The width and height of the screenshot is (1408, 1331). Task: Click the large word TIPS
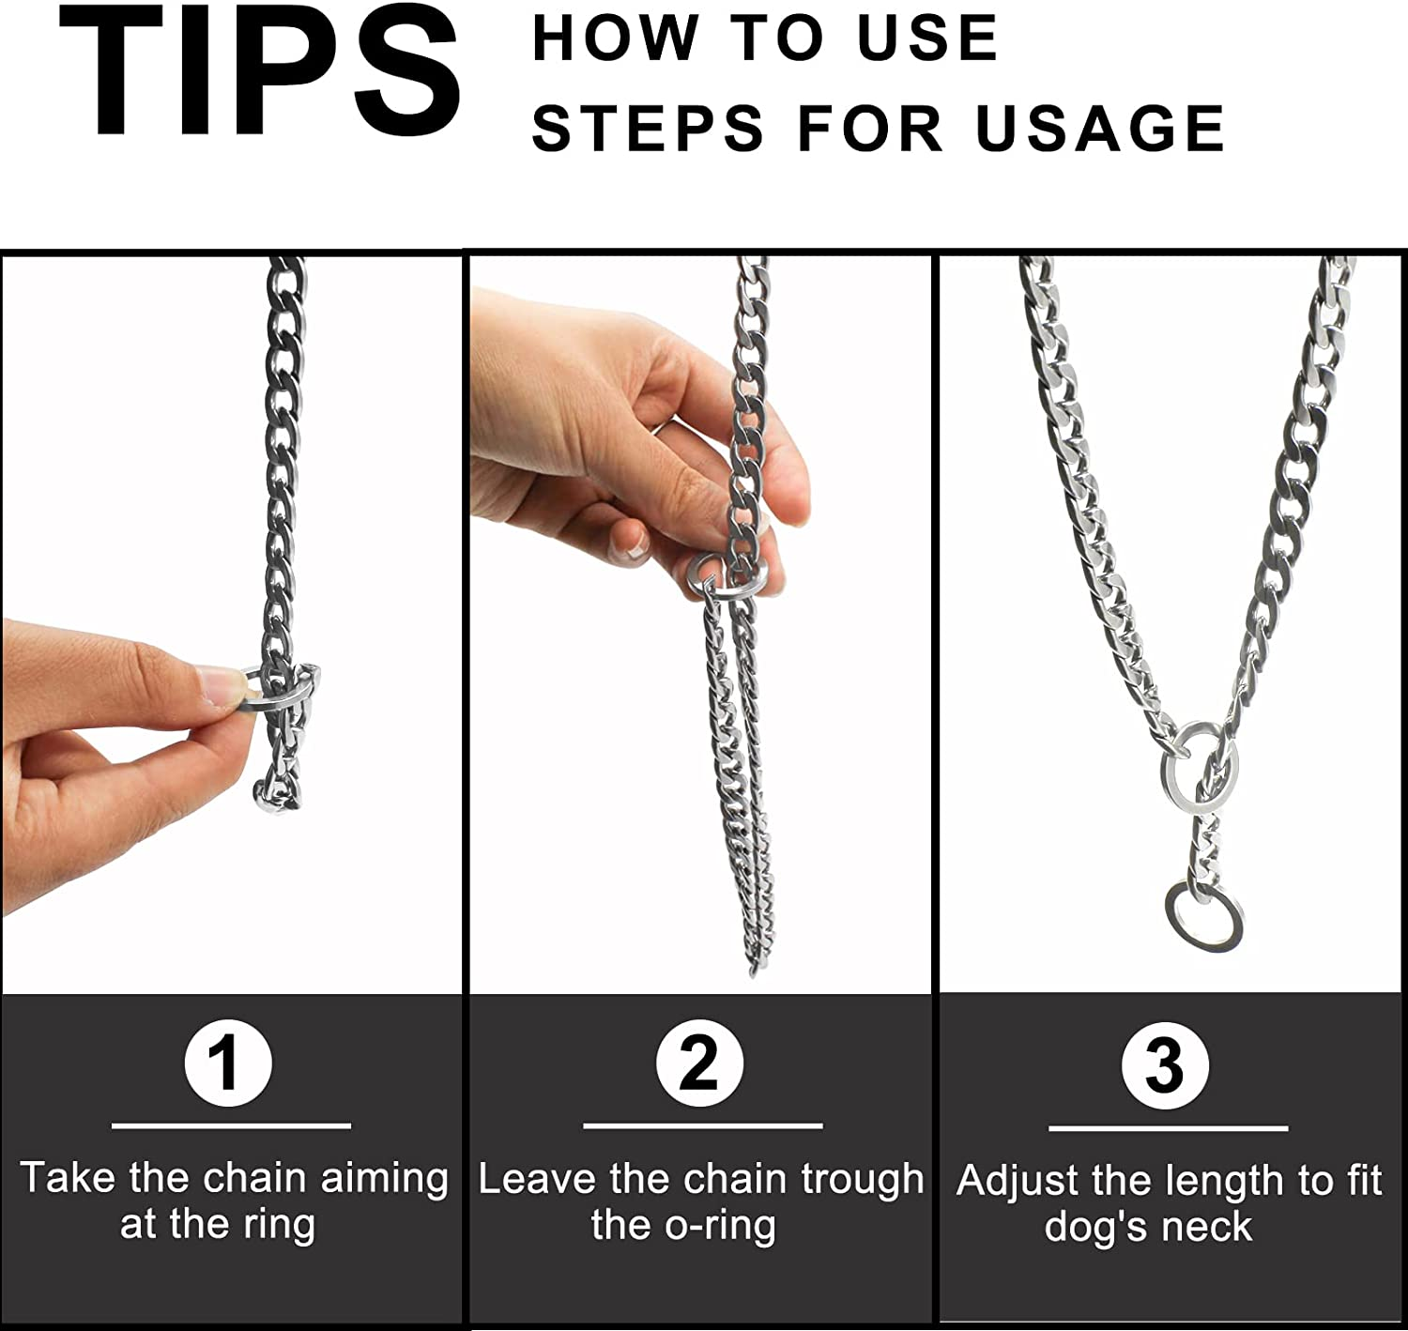(x=260, y=72)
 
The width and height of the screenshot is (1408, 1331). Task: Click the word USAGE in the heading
(x=1100, y=129)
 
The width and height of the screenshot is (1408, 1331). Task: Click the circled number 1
(x=228, y=1064)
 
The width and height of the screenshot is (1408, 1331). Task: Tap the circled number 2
(x=699, y=1064)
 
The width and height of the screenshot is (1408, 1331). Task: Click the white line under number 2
(x=702, y=1125)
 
